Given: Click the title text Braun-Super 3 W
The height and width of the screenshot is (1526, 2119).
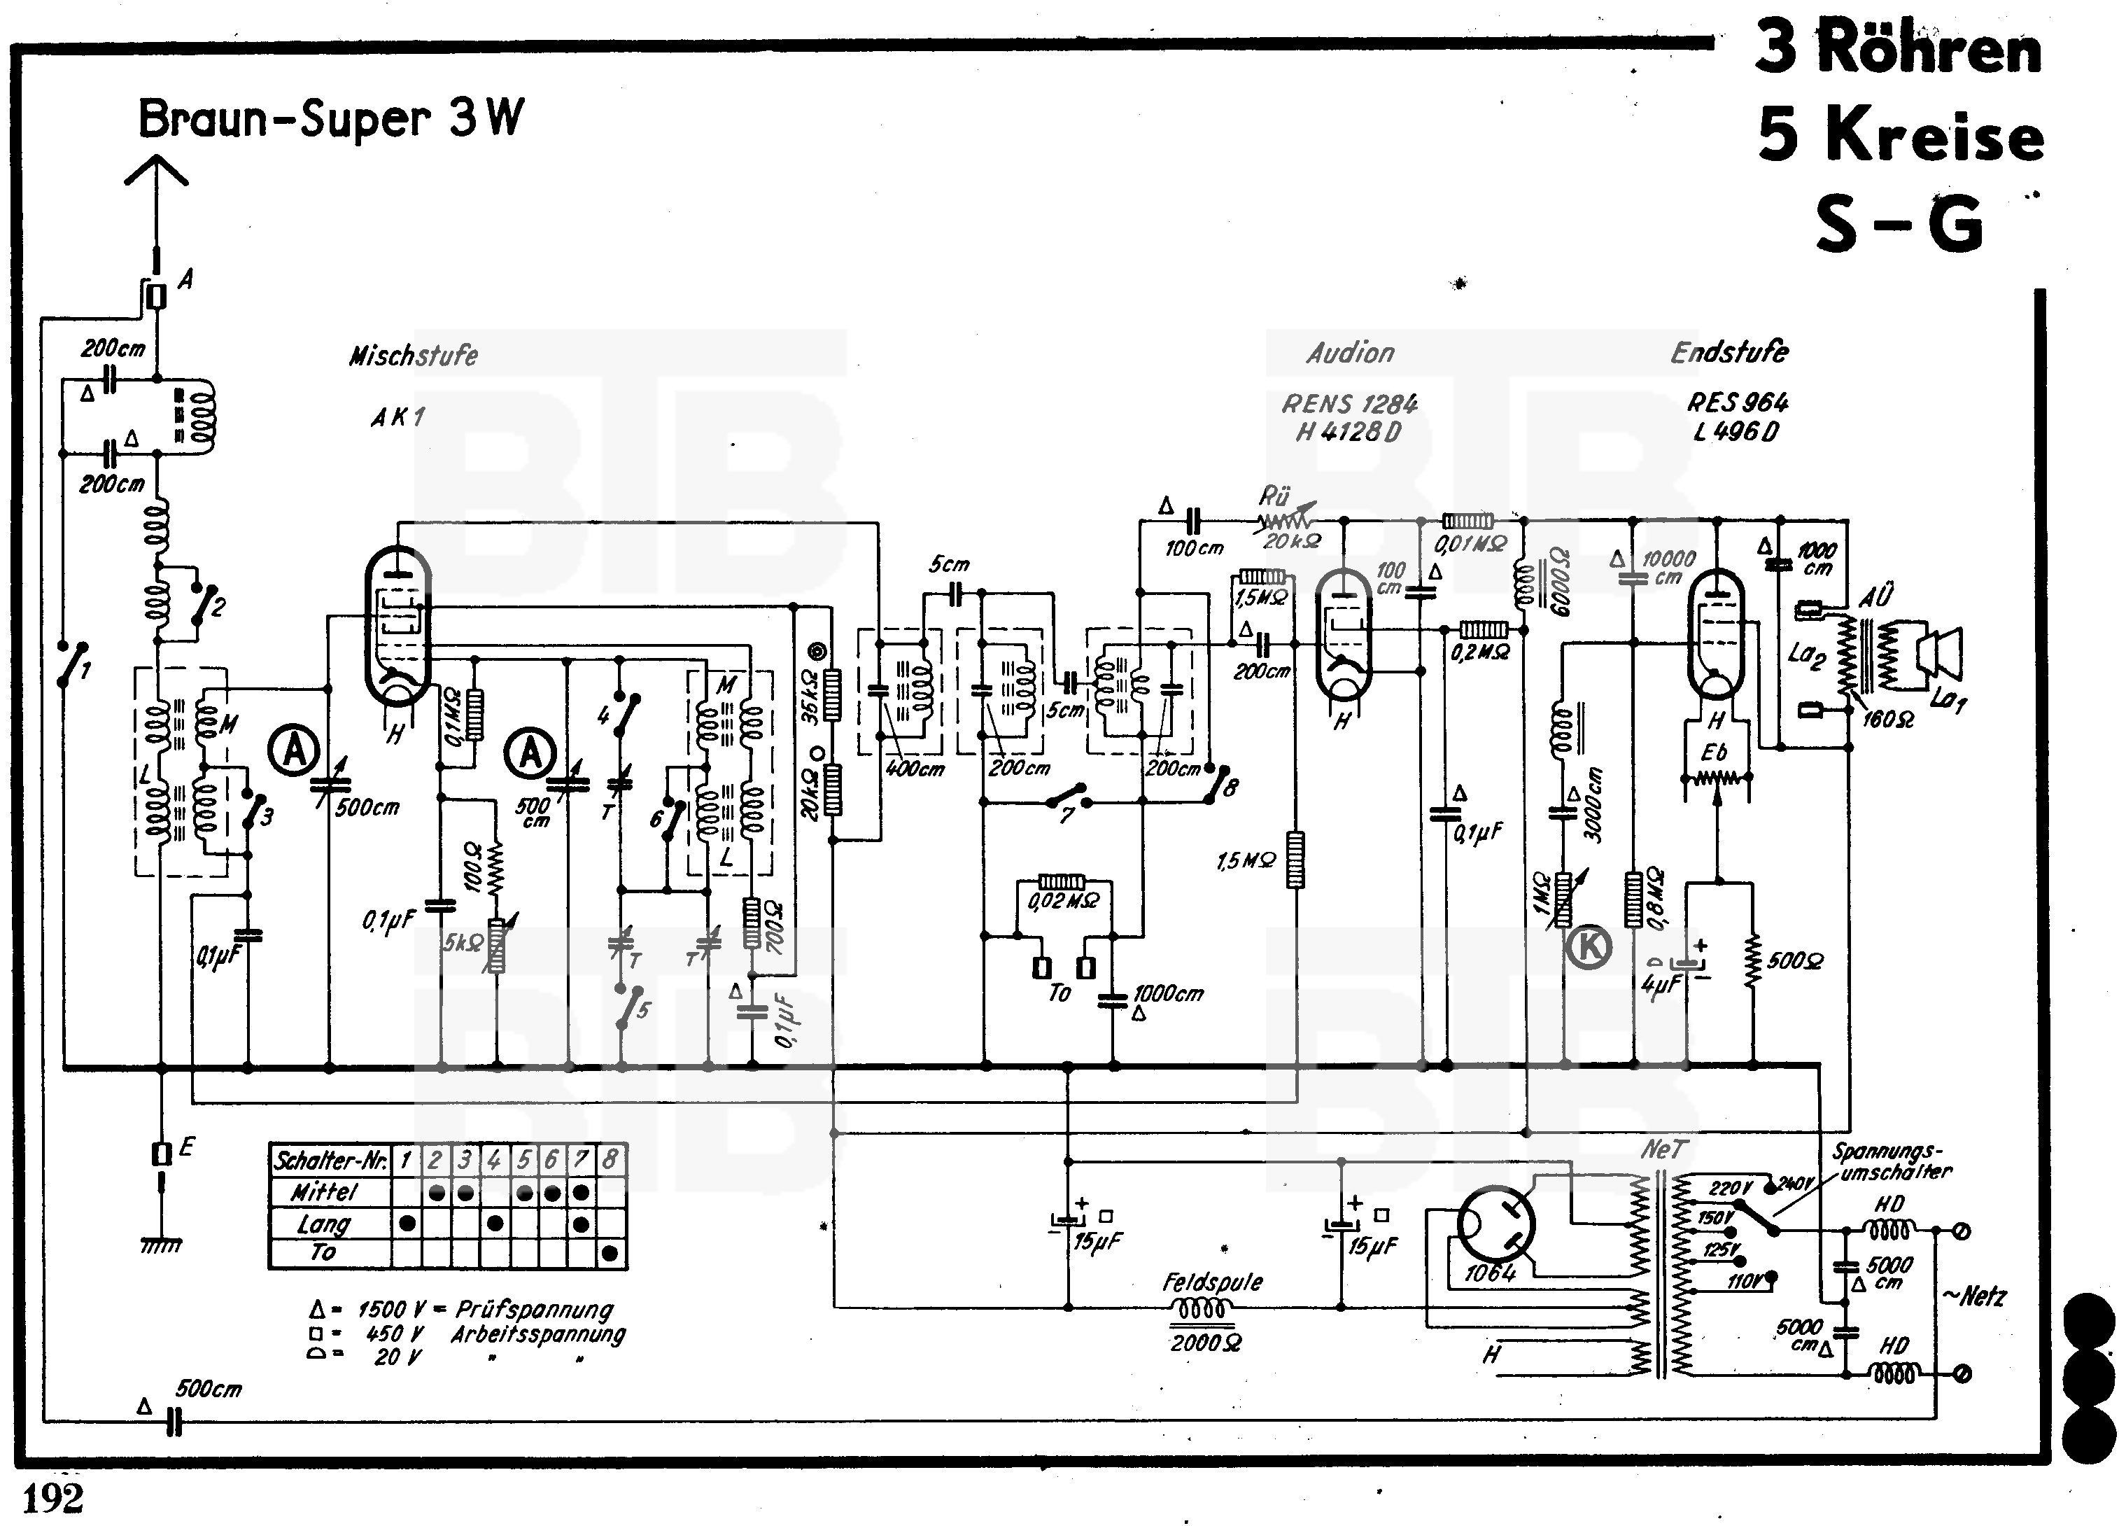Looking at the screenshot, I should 331,120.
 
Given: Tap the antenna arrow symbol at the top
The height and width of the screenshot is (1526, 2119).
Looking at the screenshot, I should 156,173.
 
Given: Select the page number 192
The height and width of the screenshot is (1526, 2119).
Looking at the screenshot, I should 52,1499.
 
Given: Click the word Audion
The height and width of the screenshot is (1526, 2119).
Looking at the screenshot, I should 1350,353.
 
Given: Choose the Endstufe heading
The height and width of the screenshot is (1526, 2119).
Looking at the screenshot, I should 1729,352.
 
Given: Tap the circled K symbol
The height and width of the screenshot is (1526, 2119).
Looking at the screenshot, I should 1589,946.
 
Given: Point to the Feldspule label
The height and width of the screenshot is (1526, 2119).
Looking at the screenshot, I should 1212,1283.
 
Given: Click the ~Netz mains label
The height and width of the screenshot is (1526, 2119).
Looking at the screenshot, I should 1973,1296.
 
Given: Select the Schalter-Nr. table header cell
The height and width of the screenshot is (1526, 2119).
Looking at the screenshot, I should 330,1161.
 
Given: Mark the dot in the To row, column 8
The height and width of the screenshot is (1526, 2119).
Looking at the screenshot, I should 610,1253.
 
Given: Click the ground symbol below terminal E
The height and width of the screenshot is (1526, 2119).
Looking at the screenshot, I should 161,1245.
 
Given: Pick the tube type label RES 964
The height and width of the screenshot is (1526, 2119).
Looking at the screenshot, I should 1737,402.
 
